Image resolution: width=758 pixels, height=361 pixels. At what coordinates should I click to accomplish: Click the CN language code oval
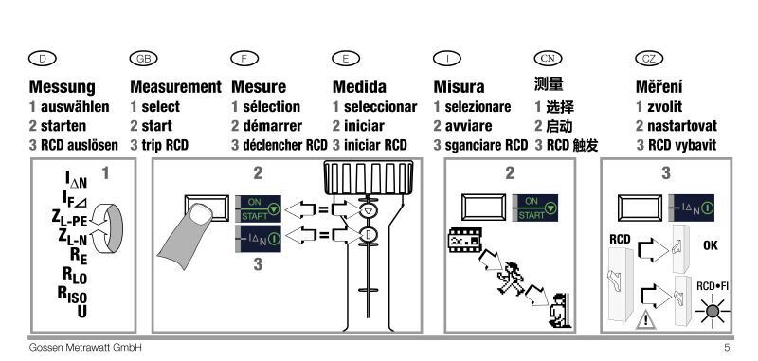549,59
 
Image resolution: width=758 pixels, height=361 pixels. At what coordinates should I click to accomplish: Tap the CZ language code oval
649,59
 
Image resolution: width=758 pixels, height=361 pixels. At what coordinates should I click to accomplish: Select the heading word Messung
63,87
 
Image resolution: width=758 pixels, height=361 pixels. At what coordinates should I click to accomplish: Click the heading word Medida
359,86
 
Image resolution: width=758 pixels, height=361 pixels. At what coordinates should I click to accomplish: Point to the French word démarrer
272,126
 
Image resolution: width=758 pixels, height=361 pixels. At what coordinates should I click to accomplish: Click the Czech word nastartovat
682,126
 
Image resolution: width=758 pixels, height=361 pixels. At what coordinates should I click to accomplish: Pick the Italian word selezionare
478,106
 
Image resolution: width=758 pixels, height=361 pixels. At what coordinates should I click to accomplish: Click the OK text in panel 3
710,245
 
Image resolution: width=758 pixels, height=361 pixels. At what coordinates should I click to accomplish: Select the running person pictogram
512,278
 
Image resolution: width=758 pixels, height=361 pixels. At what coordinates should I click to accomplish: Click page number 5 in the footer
727,347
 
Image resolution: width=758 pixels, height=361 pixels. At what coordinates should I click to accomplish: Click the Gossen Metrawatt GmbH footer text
85,347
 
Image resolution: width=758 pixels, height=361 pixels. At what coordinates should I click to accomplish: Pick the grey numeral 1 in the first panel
105,173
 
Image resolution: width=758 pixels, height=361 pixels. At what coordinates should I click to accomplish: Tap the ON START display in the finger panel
258,208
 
